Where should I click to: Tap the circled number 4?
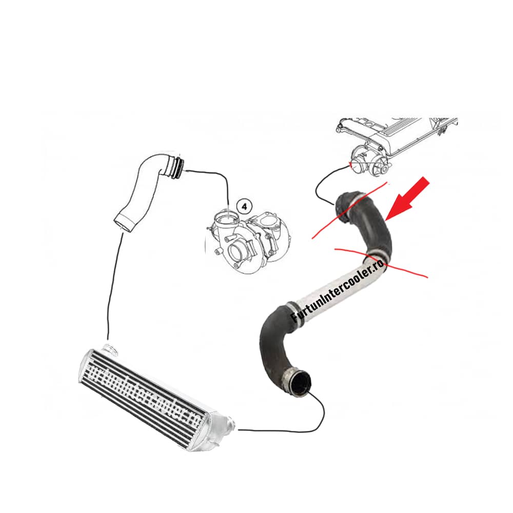[244, 206]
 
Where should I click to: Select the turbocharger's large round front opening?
[239, 253]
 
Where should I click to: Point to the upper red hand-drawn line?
[354, 210]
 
